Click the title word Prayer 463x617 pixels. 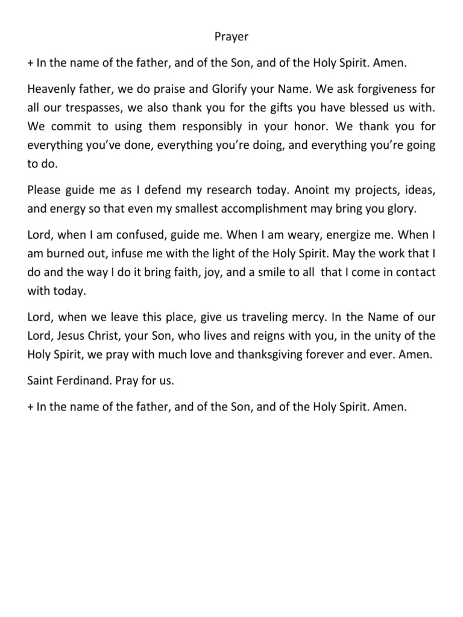pos(231,37)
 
